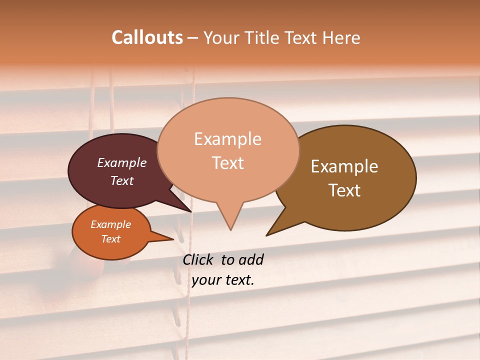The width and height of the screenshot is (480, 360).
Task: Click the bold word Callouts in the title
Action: click(x=147, y=37)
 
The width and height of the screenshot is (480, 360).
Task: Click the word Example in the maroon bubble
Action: click(x=122, y=162)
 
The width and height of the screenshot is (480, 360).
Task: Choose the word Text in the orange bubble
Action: click(x=111, y=239)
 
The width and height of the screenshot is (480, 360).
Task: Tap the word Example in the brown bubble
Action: click(x=344, y=166)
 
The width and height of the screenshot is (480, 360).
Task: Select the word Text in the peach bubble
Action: click(x=228, y=163)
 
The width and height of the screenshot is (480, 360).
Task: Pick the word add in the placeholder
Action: click(x=251, y=259)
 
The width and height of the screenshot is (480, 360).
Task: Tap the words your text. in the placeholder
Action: click(x=223, y=280)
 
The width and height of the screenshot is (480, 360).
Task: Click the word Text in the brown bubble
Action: click(x=344, y=190)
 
